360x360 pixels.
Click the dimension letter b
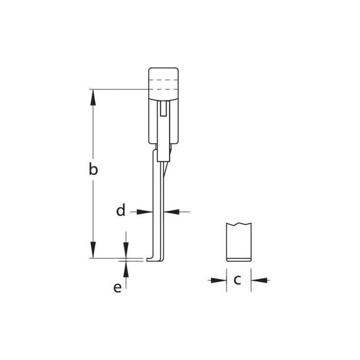(93, 169)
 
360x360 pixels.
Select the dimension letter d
(120, 211)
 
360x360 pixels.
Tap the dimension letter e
(118, 287)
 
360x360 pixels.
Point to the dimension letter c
(238, 280)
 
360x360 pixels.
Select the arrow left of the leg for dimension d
(147, 211)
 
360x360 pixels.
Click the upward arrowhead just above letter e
(125, 266)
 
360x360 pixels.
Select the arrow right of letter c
(257, 280)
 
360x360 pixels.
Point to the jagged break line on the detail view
(239, 224)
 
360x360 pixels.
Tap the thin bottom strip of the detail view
(239, 259)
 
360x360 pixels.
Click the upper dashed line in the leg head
(164, 80)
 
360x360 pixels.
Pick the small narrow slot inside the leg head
(164, 109)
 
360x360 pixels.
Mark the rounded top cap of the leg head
(164, 72)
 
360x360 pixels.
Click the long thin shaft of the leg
(157, 206)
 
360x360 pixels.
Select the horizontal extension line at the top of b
(118, 89)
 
